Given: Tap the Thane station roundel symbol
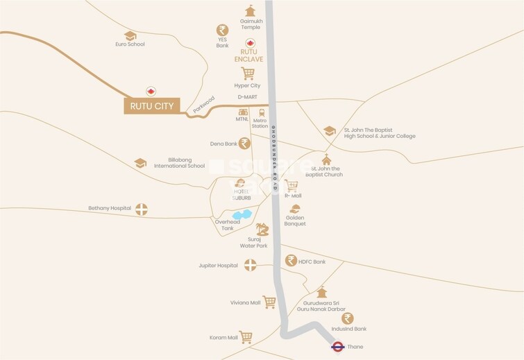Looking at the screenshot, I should [338, 346].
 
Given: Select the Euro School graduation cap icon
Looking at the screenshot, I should [130, 35].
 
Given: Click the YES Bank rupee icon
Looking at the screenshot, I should [222, 31].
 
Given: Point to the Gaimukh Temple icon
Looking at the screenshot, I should [250, 11].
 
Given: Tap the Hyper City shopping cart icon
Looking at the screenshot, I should [247, 74].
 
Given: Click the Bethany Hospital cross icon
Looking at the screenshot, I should [142, 209].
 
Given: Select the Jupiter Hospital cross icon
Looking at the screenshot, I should [250, 265].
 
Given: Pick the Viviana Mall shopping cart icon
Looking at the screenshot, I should [269, 302].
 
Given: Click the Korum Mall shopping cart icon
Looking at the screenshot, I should [246, 337].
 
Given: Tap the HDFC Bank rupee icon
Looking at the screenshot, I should [291, 261].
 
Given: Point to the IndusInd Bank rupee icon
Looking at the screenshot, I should [348, 318].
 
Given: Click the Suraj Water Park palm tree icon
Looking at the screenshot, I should [262, 229].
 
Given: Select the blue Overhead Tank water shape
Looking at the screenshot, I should [242, 215].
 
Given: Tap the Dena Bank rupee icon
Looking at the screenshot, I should [244, 144].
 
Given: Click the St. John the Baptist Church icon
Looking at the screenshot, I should [326, 159].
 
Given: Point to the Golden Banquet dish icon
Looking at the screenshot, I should [295, 208].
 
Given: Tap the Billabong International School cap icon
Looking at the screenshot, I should [140, 162].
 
